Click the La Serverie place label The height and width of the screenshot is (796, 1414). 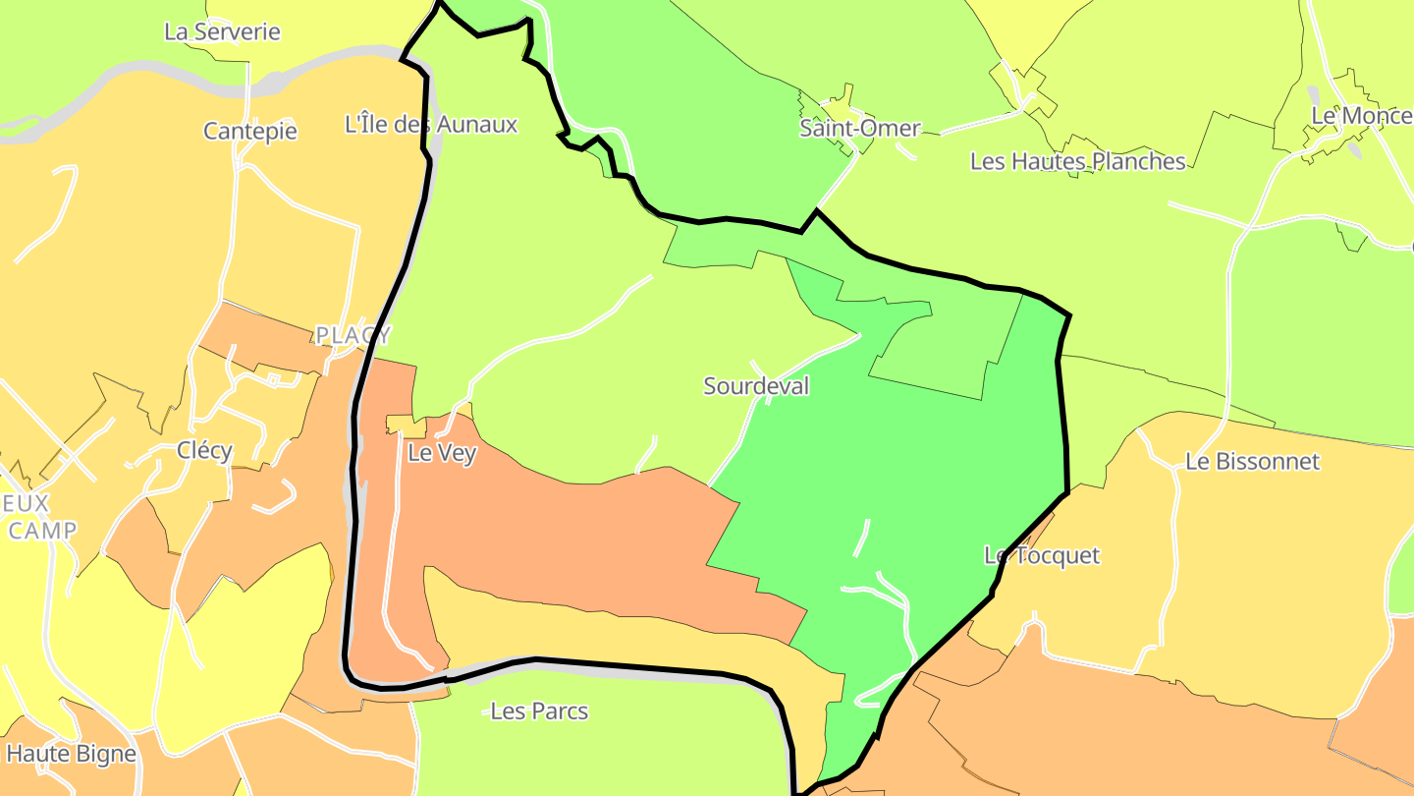click(x=222, y=31)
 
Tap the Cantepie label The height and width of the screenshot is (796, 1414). click(x=249, y=131)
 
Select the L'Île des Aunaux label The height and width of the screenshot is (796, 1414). click(x=431, y=125)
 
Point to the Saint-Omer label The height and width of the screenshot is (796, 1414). click(x=860, y=128)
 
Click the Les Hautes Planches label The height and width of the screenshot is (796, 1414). click(x=1077, y=161)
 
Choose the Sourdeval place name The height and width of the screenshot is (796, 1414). click(x=756, y=386)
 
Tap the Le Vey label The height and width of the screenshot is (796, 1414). click(x=441, y=455)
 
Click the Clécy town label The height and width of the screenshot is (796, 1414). click(x=204, y=451)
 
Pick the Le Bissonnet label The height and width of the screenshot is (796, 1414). click(x=1252, y=461)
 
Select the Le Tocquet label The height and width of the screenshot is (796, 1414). click(x=1042, y=555)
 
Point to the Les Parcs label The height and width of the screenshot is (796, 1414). click(x=538, y=711)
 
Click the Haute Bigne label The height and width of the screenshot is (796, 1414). click(x=71, y=754)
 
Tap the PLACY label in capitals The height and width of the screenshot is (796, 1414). click(x=353, y=335)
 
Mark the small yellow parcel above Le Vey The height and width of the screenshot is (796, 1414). click(x=405, y=425)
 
